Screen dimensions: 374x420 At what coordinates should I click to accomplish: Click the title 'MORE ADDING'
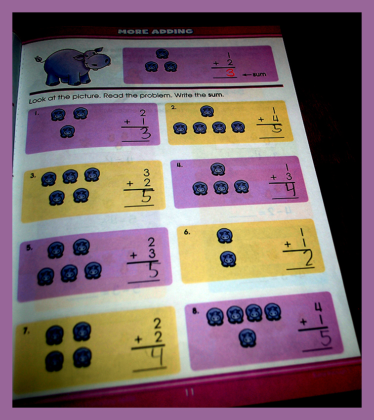[156, 31]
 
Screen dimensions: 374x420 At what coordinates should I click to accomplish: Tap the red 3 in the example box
[230, 73]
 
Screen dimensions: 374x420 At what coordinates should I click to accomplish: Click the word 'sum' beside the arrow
[259, 74]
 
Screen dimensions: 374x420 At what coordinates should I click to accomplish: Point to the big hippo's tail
[40, 59]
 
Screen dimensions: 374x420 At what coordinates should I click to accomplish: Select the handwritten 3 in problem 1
[146, 133]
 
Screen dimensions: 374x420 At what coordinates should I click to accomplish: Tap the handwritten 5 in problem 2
[277, 129]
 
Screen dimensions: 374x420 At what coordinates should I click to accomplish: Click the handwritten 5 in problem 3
[147, 197]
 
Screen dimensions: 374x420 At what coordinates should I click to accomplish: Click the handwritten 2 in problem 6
[308, 258]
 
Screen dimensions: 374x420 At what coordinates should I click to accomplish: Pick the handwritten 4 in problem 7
[157, 356]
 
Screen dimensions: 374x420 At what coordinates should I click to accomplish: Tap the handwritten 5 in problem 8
[325, 339]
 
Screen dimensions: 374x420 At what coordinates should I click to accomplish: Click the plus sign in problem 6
[288, 244]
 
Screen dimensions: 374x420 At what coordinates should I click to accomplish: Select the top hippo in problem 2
[207, 111]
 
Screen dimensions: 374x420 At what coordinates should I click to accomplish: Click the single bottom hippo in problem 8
[248, 338]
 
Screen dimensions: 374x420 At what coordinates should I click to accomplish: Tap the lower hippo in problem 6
[228, 259]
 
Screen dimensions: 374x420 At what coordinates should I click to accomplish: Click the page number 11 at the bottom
[189, 392]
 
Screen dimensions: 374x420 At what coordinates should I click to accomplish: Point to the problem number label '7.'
[26, 332]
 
